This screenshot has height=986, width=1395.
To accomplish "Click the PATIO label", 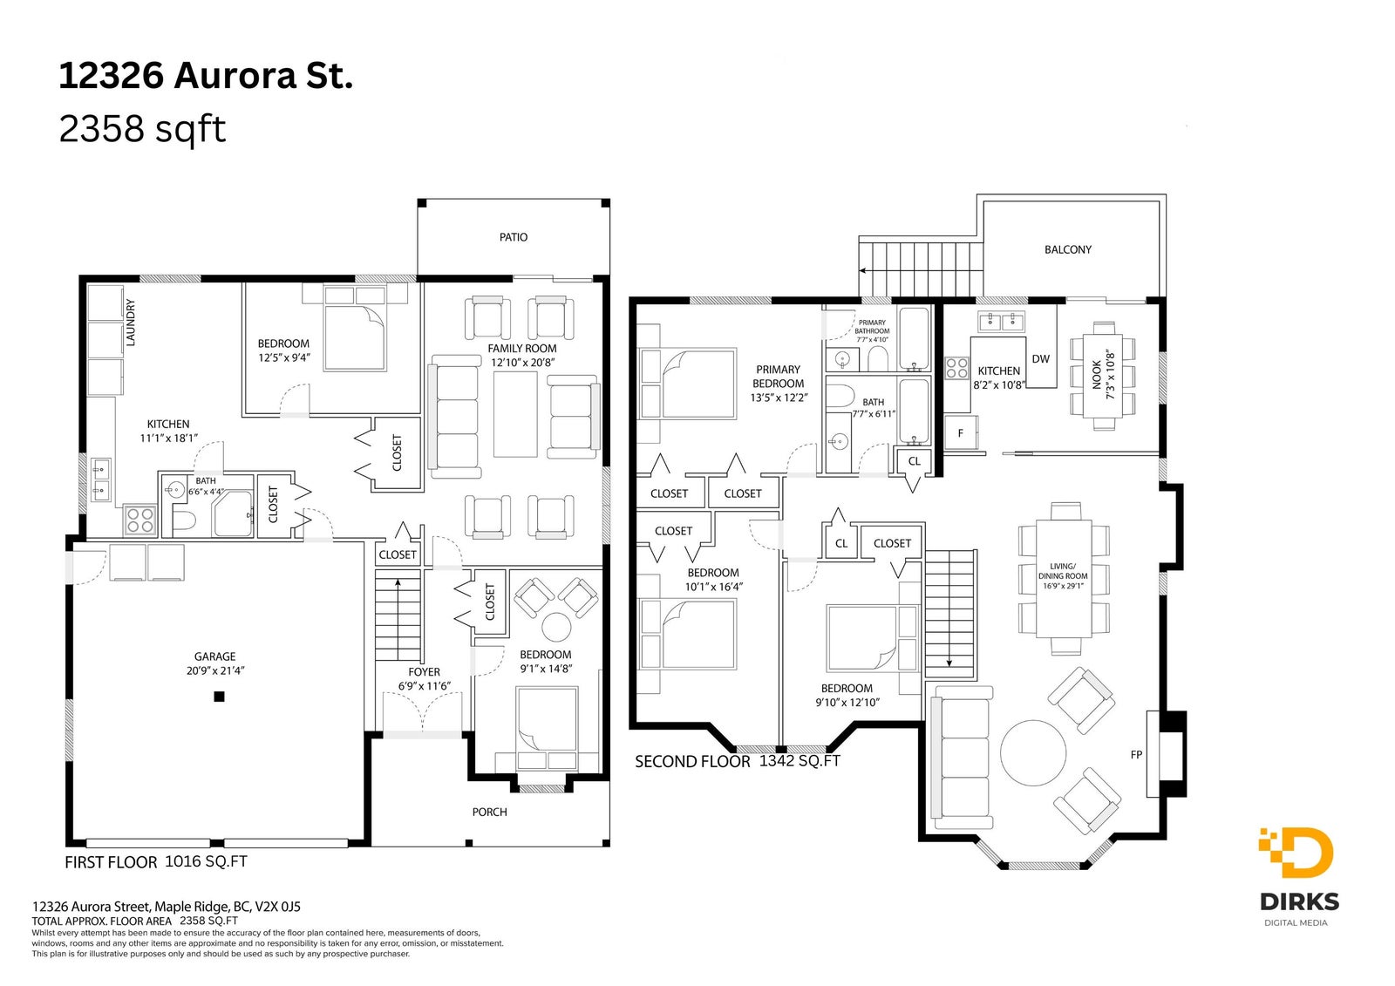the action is click(x=514, y=237).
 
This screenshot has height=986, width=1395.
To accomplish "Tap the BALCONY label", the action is click(x=1067, y=250).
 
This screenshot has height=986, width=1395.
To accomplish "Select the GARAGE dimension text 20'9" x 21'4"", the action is click(x=214, y=670).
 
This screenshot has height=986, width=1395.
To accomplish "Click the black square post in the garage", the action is click(x=219, y=697).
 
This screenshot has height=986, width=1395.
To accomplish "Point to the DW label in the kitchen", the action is click(x=1040, y=359).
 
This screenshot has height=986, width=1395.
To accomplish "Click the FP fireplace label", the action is click(x=1136, y=754).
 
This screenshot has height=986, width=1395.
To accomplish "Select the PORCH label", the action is click(x=489, y=813).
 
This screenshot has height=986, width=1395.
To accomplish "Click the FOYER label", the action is click(x=424, y=672).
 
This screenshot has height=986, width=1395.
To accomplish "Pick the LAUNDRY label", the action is click(x=130, y=322).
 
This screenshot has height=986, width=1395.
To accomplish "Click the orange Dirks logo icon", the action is click(x=1296, y=852).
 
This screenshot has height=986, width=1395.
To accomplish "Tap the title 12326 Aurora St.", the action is click(x=206, y=76).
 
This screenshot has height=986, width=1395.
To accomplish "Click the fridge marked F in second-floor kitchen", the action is click(x=960, y=432).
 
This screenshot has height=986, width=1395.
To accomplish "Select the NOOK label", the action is click(x=1096, y=374).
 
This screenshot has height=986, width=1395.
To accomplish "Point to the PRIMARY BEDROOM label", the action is click(x=778, y=377).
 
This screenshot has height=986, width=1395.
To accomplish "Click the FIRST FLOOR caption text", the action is click(x=111, y=863).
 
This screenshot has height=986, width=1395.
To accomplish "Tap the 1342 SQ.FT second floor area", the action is click(x=800, y=760).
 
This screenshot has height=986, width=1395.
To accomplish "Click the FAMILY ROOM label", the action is click(x=522, y=349).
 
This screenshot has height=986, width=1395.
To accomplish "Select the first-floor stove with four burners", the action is click(x=140, y=520).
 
